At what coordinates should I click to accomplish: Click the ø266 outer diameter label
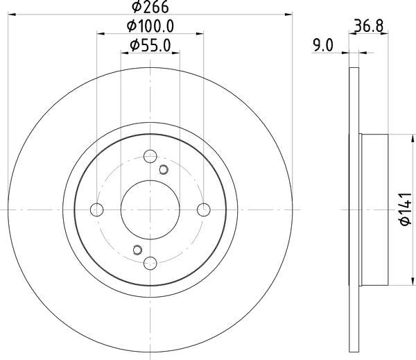point(150,8)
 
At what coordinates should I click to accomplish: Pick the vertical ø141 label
point(400,210)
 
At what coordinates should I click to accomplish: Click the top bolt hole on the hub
point(150,157)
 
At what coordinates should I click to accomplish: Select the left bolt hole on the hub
point(98,209)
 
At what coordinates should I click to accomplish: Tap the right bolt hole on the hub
point(203,209)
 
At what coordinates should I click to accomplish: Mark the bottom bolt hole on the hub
point(150,262)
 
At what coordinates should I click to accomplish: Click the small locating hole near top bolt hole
point(164,169)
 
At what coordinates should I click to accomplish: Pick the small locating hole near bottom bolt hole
point(137,250)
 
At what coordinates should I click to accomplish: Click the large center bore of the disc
point(150,209)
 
